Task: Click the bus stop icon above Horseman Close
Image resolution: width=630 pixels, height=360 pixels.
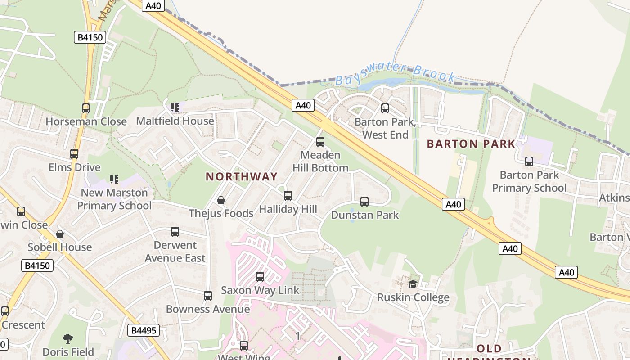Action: click(x=86, y=108)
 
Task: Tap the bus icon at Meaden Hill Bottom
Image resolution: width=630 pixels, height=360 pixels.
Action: click(x=320, y=142)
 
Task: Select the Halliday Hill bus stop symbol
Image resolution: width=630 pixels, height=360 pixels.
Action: click(x=288, y=196)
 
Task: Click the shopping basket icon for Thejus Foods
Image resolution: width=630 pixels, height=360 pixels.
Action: click(x=221, y=200)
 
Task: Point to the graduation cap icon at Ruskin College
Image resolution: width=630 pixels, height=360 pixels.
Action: click(x=413, y=284)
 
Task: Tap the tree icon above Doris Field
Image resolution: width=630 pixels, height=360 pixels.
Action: click(x=68, y=338)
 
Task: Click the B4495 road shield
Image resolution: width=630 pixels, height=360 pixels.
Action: click(x=144, y=330)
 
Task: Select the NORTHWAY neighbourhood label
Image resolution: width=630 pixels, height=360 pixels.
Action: click(x=242, y=176)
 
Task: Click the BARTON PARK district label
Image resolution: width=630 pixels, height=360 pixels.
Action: click(x=471, y=144)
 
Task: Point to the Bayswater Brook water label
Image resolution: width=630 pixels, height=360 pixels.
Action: click(x=396, y=74)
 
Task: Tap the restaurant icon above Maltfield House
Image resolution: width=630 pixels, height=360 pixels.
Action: click(x=175, y=108)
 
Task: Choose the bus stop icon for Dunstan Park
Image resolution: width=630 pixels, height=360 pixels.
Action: click(x=364, y=202)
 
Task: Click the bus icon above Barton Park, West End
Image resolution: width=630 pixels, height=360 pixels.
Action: click(x=385, y=108)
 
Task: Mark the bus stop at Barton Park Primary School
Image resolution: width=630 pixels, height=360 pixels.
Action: click(x=529, y=162)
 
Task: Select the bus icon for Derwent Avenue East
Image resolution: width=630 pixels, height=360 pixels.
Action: click(x=175, y=232)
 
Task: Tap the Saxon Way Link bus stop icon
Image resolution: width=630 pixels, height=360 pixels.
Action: click(x=260, y=277)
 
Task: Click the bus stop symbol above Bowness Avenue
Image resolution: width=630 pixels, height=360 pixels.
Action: click(x=208, y=296)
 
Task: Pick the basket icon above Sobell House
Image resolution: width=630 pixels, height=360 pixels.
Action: click(x=60, y=234)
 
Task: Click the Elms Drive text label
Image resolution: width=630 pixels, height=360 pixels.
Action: click(x=75, y=167)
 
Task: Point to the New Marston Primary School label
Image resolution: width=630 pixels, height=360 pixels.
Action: click(x=114, y=199)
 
